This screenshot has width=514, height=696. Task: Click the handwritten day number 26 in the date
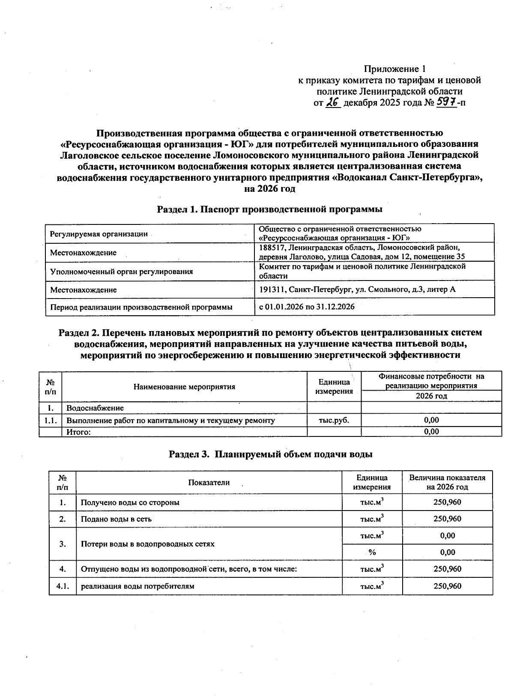pyautogui.click(x=333, y=102)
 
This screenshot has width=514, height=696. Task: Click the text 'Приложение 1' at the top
pyautogui.click(x=394, y=69)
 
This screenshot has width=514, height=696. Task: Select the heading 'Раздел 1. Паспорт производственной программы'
pyautogui.click(x=269, y=209)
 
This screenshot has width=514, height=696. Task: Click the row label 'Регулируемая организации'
pyautogui.click(x=99, y=234)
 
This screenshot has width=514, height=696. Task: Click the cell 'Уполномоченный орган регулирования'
pyautogui.click(x=121, y=272)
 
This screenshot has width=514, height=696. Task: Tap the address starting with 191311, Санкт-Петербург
pyautogui.click(x=357, y=290)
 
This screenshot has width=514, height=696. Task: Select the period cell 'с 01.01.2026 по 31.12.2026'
pyautogui.click(x=307, y=307)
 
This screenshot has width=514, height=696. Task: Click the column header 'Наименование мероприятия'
pyautogui.click(x=185, y=387)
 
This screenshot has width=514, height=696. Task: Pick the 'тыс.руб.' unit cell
pyautogui.click(x=334, y=420)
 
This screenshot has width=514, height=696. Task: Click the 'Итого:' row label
pyautogui.click(x=78, y=432)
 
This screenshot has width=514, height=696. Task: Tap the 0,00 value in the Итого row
pyautogui.click(x=431, y=432)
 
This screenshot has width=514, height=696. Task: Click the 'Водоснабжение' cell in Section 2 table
pyautogui.click(x=95, y=408)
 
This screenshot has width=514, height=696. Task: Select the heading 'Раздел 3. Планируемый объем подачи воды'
pyautogui.click(x=270, y=454)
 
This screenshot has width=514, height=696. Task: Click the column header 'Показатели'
pyautogui.click(x=209, y=482)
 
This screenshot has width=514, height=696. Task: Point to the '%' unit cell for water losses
pyautogui.click(x=372, y=552)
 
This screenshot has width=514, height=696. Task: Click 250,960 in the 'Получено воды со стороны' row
pyautogui.click(x=447, y=502)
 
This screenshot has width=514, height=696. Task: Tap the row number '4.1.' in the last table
pyautogui.click(x=63, y=585)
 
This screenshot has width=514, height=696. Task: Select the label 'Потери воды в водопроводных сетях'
pyautogui.click(x=148, y=544)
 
